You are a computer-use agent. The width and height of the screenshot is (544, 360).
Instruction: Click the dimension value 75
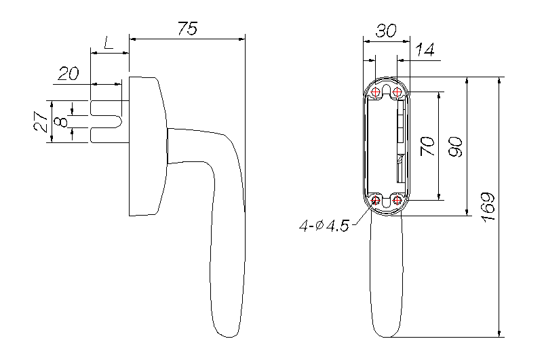click(187, 28)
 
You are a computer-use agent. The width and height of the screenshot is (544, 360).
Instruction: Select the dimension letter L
click(109, 43)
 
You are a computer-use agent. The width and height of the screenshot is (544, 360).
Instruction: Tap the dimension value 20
click(69, 73)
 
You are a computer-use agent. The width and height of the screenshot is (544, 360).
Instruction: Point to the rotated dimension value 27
click(41, 121)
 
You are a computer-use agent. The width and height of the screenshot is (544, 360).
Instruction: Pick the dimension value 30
click(386, 31)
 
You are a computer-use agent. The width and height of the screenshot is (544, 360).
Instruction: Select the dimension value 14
click(425, 49)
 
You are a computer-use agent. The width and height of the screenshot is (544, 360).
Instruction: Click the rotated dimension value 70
click(427, 146)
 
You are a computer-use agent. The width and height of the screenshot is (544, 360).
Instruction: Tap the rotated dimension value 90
click(456, 146)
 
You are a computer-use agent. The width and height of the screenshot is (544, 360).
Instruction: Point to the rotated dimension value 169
click(488, 207)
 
